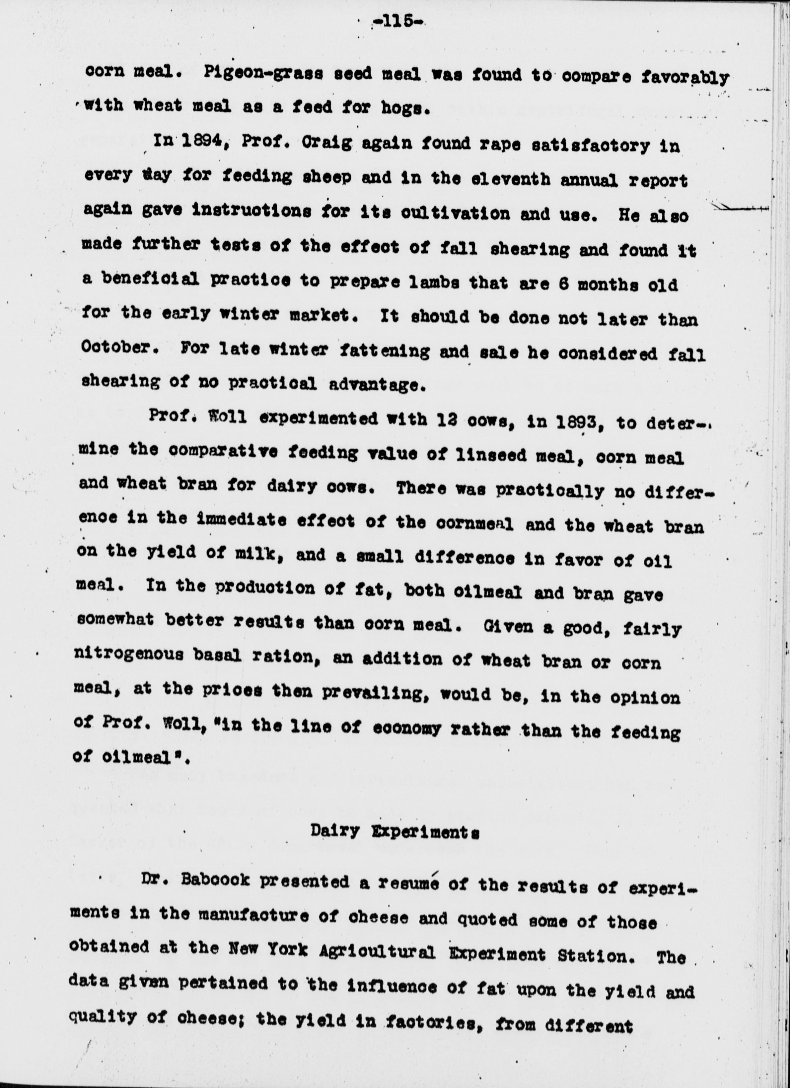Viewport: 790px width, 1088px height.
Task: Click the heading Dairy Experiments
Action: pos(395,831)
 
